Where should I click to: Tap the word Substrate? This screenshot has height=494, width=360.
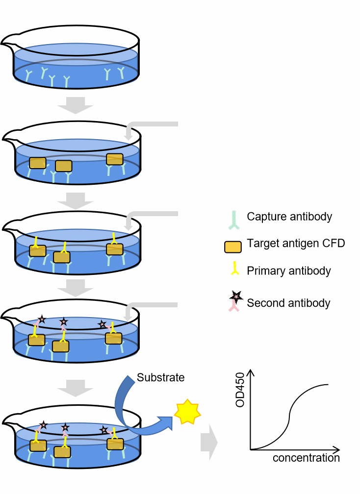coord(161,378)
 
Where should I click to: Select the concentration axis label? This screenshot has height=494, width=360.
coord(306,458)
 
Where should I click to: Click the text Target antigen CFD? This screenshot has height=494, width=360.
coord(295,243)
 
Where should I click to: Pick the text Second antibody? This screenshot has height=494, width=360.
coord(288,303)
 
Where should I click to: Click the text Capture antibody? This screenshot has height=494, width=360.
coord(289,216)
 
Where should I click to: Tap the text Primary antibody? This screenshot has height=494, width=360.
coord(289,271)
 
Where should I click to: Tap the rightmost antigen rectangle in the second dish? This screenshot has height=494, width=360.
coord(115,159)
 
